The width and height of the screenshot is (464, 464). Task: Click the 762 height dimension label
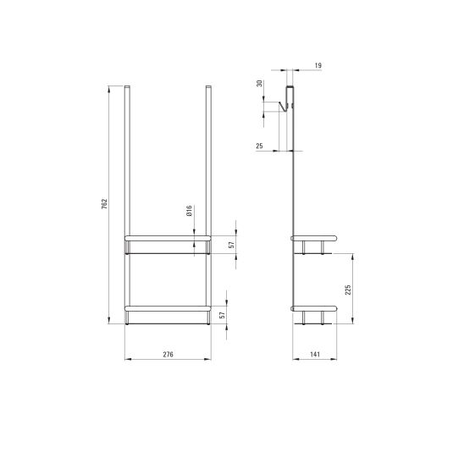point(104,204)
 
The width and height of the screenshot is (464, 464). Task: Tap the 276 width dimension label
point(168,354)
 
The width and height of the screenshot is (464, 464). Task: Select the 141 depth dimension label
point(315,354)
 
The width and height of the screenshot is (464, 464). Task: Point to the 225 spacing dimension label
point(348,290)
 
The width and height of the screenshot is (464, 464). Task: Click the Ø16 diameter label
point(190,210)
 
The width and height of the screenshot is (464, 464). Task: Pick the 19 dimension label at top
point(318,65)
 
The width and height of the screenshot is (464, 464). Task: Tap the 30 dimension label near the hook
point(260,84)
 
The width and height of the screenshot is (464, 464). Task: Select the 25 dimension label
point(259,146)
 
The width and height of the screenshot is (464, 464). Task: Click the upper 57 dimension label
point(231,245)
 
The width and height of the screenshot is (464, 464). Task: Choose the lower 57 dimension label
point(222,315)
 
